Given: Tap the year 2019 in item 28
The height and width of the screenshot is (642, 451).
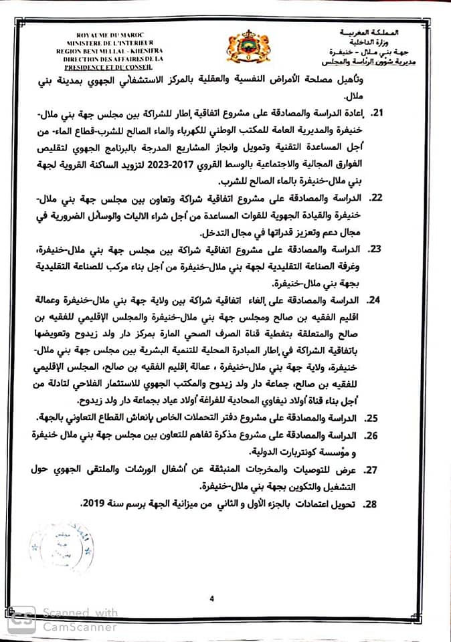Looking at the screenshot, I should (x=94, y=504).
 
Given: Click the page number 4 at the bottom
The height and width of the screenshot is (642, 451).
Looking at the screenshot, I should (x=211, y=599).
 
